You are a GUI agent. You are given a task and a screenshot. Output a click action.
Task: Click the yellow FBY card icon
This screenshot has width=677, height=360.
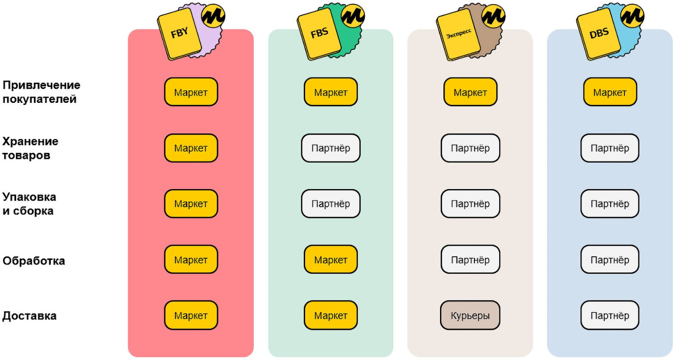click(179, 33)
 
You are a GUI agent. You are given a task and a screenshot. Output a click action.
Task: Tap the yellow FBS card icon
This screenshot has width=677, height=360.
click(319, 33)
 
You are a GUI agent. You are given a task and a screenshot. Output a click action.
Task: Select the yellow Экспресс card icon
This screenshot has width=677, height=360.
click(458, 33)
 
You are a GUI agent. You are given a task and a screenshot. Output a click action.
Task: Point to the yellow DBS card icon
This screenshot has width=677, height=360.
click(598, 33)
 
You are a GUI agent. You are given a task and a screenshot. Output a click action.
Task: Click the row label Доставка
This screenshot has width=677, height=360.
click(30, 316)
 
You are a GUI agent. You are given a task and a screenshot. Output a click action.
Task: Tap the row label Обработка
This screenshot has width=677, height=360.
click(34, 261)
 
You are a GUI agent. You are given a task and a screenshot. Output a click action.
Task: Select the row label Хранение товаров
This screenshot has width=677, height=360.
click(30, 148)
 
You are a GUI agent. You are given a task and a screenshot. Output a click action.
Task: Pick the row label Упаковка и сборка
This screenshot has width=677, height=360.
click(29, 204)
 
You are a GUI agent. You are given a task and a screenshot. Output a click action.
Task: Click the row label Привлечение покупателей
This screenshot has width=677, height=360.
click(41, 92)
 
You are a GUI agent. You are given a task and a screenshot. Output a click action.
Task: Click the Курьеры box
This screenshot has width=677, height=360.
click(470, 316)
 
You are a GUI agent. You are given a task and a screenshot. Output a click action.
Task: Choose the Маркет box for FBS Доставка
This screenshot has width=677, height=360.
click(330, 316)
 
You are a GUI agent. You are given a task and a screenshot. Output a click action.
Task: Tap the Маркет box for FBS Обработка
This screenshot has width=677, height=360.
click(330, 260)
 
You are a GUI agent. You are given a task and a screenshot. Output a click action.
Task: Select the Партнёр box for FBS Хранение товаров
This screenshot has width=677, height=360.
click(330, 148)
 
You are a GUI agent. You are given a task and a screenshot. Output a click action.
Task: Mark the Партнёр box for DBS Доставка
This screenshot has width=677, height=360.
click(610, 316)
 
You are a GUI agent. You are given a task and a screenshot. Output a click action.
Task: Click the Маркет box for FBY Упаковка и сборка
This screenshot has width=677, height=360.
click(191, 204)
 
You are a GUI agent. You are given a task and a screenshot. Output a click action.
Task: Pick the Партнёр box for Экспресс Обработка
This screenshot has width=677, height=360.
click(470, 260)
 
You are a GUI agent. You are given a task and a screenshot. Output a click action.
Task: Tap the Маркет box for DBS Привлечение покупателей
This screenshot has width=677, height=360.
click(610, 92)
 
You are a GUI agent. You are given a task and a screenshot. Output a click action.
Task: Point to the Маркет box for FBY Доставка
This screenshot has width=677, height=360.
click(191, 316)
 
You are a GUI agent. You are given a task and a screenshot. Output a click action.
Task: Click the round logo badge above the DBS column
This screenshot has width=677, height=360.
click(632, 16)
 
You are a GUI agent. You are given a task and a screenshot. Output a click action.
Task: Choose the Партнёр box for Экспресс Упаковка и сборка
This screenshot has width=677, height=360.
click(470, 204)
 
